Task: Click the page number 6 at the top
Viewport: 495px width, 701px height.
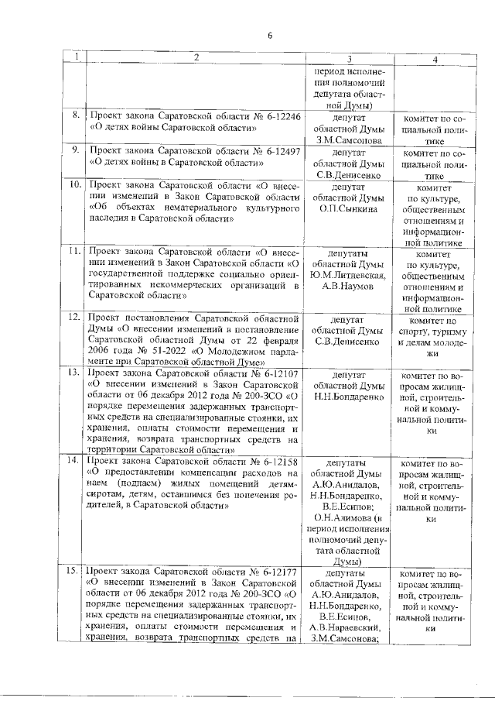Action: pos(271,35)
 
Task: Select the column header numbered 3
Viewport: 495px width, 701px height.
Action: pos(350,58)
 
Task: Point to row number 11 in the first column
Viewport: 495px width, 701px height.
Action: pos(75,253)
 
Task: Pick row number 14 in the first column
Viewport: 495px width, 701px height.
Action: pos(75,460)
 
